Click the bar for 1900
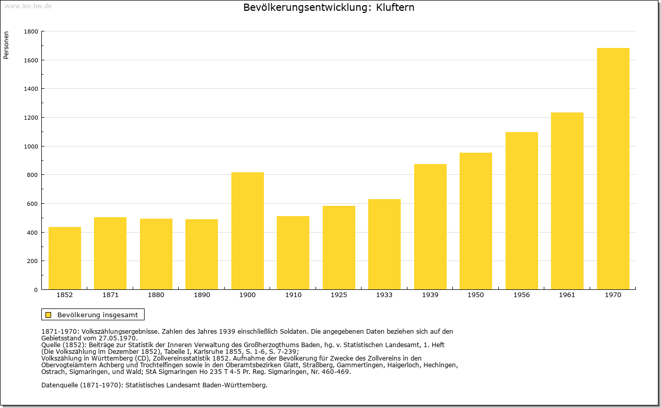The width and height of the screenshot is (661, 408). (x=247, y=231)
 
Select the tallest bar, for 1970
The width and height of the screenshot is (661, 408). (x=613, y=169)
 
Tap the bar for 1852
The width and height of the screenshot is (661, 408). (x=65, y=258)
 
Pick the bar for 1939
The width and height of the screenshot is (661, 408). (x=430, y=227)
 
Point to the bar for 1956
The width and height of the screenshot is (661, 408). (x=522, y=211)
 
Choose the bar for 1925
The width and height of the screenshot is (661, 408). (x=339, y=248)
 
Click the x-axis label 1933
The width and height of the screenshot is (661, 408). (x=384, y=295)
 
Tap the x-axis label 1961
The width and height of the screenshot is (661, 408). (x=567, y=295)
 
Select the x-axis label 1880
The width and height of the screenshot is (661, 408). (x=156, y=295)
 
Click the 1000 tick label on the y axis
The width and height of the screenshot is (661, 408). (x=31, y=146)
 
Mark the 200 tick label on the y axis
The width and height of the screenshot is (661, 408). (x=32, y=261)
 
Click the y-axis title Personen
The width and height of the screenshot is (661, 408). (x=6, y=45)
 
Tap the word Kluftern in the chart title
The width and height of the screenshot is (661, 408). (x=395, y=7)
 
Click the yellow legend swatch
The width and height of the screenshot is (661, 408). (x=49, y=315)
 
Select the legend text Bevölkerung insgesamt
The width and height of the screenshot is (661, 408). (x=98, y=315)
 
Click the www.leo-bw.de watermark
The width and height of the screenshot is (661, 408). (x=28, y=6)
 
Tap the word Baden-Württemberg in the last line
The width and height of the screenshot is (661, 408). (x=230, y=385)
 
